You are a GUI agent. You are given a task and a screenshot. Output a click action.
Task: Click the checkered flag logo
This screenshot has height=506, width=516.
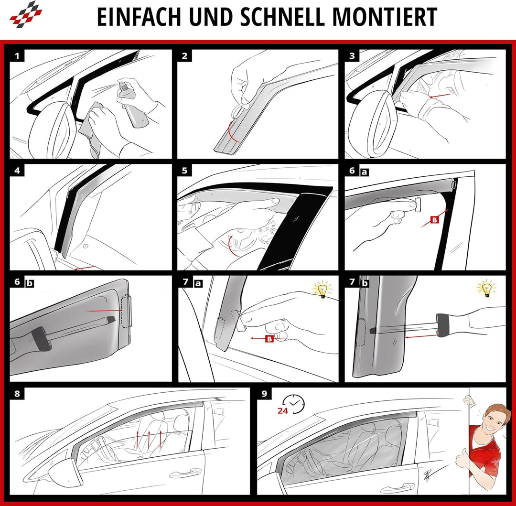pos(26,14)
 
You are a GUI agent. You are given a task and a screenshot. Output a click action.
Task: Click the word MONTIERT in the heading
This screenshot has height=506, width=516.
pos(384,17)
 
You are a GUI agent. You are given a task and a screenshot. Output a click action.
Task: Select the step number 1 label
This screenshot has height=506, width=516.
pos(17,56)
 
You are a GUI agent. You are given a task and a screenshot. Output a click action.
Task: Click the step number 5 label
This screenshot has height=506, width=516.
pos(184,171)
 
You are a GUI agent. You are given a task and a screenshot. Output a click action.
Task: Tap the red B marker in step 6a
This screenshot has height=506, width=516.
pos(434,220)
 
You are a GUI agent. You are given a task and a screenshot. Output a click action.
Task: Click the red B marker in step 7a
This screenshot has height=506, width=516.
pos(269,339)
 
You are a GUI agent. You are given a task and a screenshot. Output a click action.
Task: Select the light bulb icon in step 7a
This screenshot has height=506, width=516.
pos(322,290)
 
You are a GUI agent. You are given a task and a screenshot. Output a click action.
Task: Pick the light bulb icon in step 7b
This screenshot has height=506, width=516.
pos(487,289)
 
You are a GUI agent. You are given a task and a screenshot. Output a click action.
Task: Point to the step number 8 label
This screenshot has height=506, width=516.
pos(17,394)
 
